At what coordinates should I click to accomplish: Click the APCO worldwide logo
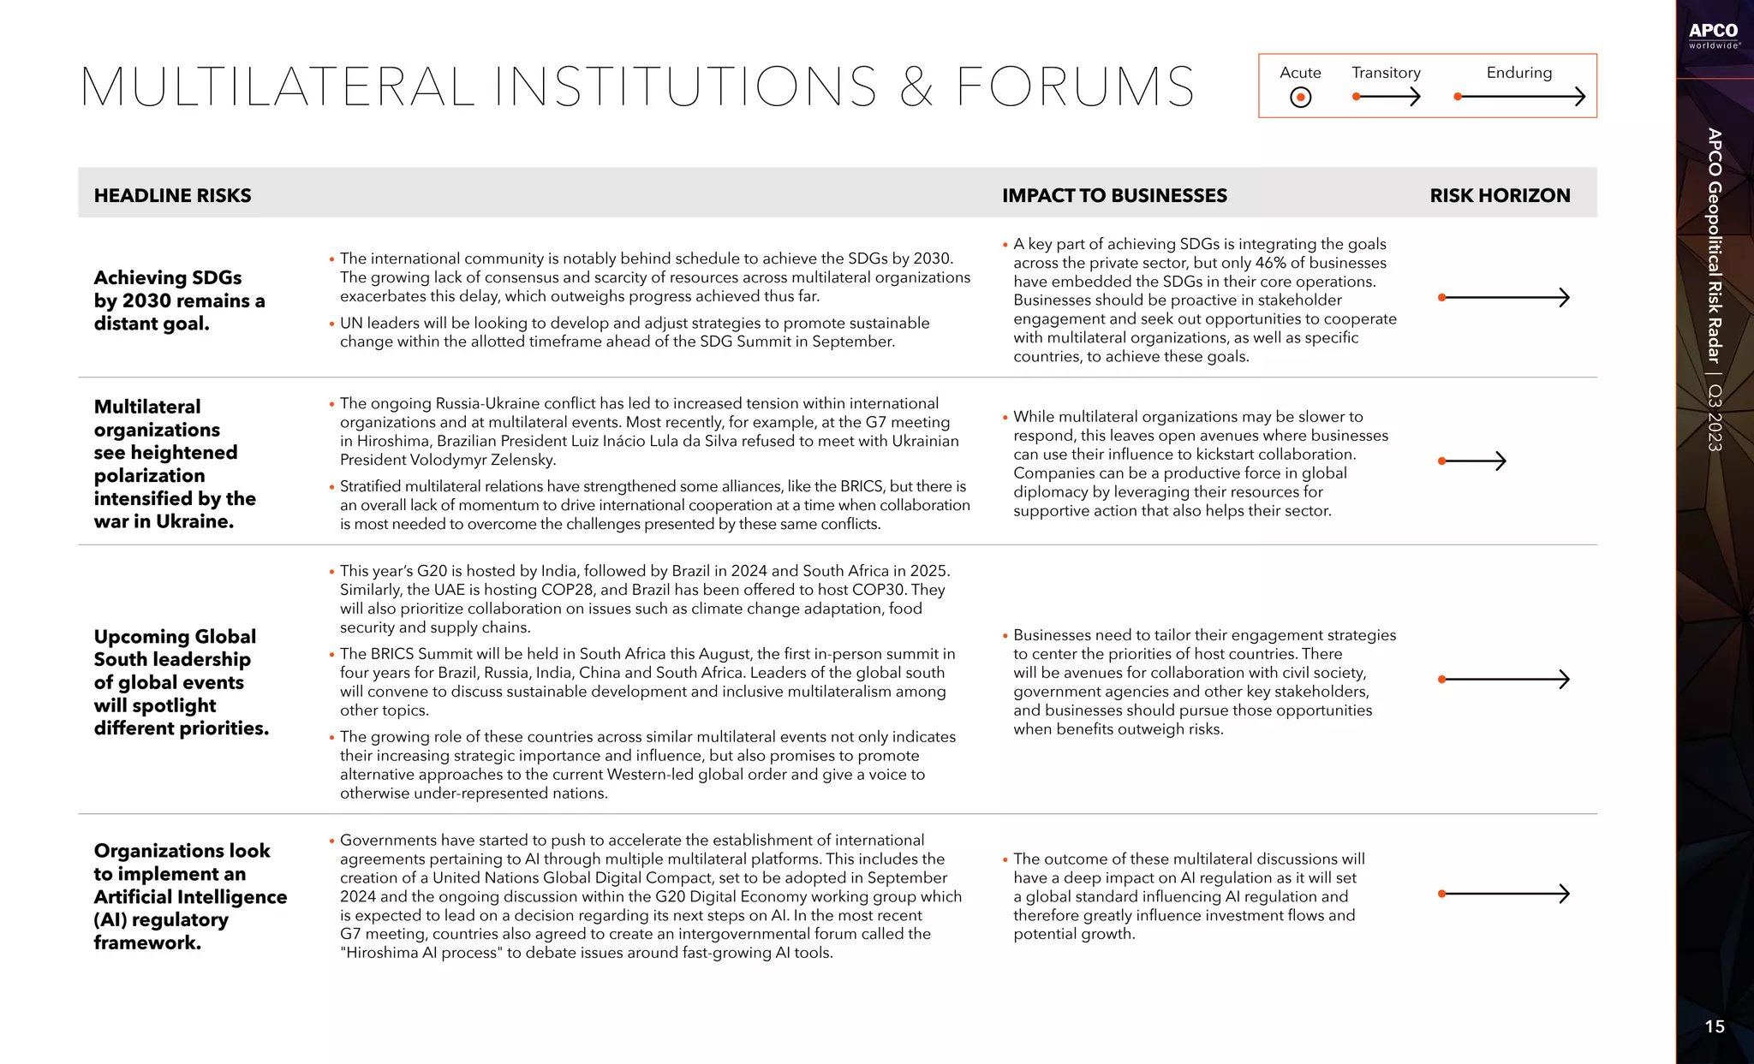pyautogui.click(x=1714, y=35)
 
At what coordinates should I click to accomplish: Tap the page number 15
pyautogui.click(x=1715, y=1026)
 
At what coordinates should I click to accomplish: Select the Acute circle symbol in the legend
pyautogui.click(x=1300, y=98)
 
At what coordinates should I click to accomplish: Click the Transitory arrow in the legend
pyautogui.click(x=1386, y=97)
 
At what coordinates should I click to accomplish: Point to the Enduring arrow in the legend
pyautogui.click(x=1519, y=97)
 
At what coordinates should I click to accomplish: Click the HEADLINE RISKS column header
pyautogui.click(x=172, y=195)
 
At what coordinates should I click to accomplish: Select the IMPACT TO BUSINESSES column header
pyautogui.click(x=1114, y=195)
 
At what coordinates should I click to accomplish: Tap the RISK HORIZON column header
pyautogui.click(x=1500, y=195)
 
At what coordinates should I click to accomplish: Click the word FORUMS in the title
pyautogui.click(x=1075, y=86)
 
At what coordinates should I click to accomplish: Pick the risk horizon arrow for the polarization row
pyautogui.click(x=1471, y=461)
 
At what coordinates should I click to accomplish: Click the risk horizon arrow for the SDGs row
pyautogui.click(x=1505, y=297)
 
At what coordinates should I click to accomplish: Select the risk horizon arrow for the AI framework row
pyautogui.click(x=1505, y=894)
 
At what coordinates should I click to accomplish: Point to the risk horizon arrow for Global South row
pyautogui.click(x=1505, y=679)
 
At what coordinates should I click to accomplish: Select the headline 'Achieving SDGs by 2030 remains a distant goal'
pyautogui.click(x=179, y=300)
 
